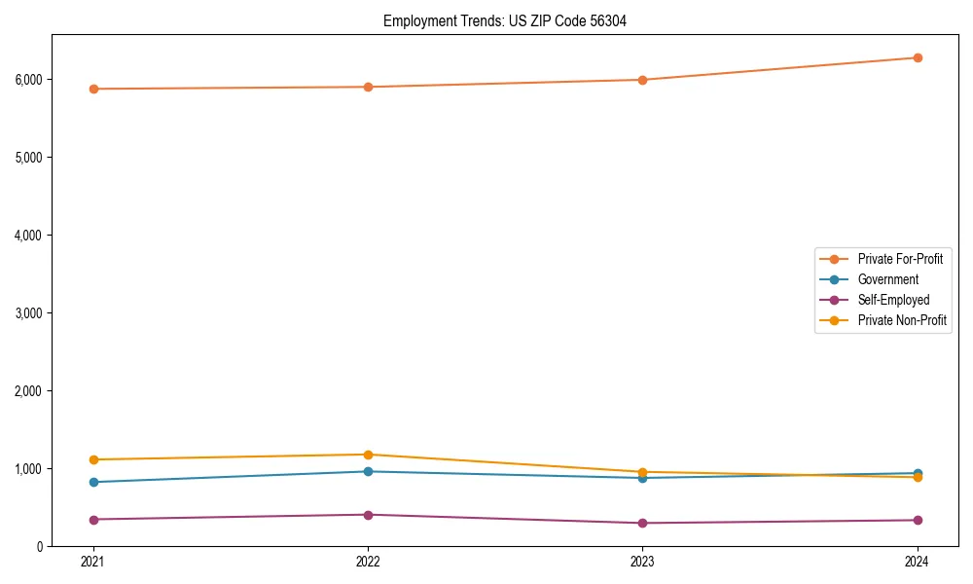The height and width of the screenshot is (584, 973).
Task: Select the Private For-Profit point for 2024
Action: [918, 57]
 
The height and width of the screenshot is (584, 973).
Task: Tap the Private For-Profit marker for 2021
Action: [92, 89]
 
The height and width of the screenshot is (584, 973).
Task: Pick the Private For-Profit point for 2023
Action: [642, 80]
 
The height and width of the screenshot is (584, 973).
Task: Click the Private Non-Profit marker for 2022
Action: [368, 455]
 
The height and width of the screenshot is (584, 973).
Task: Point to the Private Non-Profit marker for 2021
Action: [92, 459]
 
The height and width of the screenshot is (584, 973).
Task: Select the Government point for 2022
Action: [368, 471]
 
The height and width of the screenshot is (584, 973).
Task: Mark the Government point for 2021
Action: [92, 482]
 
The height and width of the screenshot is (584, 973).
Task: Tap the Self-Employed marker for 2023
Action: [642, 523]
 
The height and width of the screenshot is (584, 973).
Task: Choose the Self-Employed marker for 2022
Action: [368, 515]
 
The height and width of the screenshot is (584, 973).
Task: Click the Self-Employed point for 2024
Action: [918, 520]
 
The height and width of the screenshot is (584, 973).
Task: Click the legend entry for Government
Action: [887, 279]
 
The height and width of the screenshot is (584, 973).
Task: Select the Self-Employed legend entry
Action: [893, 300]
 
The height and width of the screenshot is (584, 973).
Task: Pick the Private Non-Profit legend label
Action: [902, 320]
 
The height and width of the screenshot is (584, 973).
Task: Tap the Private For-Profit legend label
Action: [900, 259]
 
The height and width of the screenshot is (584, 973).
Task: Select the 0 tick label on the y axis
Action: [42, 546]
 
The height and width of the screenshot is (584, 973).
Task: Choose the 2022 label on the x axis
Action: [368, 562]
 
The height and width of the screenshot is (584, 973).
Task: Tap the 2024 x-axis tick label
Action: [918, 562]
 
